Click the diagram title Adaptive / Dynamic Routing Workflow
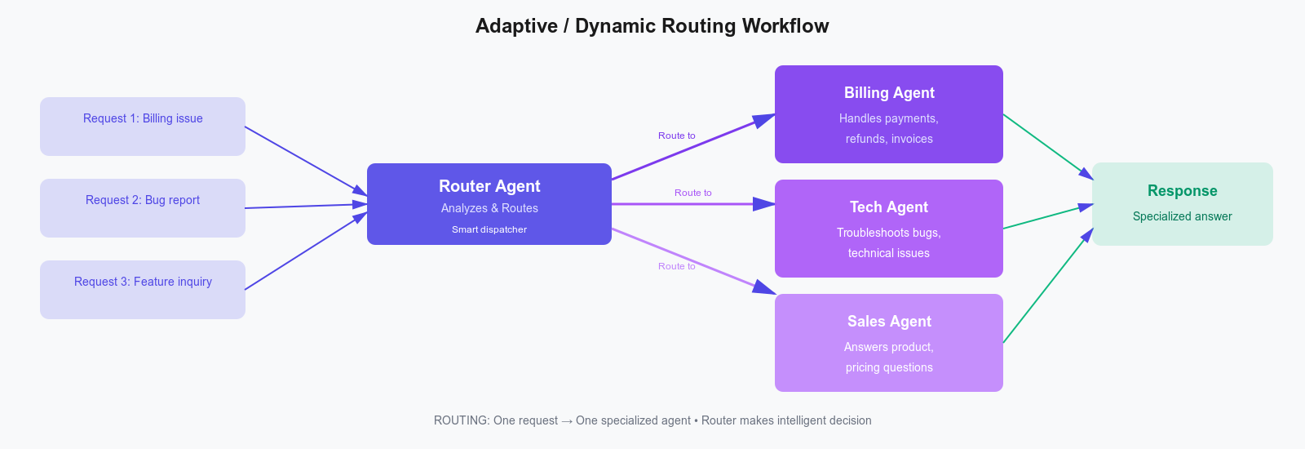coord(652,26)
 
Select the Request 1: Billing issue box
coord(143,127)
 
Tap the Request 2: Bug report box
coord(143,208)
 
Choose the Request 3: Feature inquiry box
coord(143,290)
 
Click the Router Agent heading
coord(489,186)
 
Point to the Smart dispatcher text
coord(489,229)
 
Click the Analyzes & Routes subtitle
coord(489,208)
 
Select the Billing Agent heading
coord(889,93)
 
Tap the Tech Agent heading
coord(889,207)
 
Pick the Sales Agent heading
coord(889,322)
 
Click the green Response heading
coord(1182,191)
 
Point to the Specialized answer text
coord(1182,216)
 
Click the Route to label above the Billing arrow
coord(677,136)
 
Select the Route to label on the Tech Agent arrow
coord(692,193)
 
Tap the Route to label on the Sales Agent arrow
coord(677,266)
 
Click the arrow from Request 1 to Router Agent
coord(306,161)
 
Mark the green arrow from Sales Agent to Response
coord(1047,286)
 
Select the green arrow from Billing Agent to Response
coord(1047,146)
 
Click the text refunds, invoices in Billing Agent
coord(889,139)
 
